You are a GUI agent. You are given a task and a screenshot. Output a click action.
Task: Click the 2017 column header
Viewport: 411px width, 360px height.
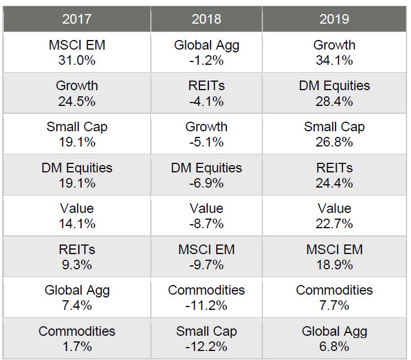[x=77, y=19]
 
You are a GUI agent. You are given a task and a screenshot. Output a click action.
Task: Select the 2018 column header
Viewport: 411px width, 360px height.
[x=206, y=19]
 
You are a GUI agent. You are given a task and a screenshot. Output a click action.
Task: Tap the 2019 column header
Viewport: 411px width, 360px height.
[x=334, y=19]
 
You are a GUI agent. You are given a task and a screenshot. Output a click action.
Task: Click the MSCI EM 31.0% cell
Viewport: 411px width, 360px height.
[x=77, y=52]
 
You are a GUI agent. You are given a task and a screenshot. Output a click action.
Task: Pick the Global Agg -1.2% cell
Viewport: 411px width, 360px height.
[x=206, y=52]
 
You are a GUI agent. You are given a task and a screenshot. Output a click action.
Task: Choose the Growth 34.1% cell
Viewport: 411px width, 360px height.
[x=334, y=52]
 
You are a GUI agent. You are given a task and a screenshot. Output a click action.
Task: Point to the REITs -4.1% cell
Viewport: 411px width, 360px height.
[x=206, y=94]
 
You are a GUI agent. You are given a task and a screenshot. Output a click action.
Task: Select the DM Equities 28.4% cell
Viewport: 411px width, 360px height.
[x=334, y=94]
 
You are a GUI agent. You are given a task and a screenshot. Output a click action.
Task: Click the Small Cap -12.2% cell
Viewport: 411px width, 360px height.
[x=206, y=339]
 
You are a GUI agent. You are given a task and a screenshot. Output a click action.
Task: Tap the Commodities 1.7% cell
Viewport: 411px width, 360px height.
[x=77, y=339]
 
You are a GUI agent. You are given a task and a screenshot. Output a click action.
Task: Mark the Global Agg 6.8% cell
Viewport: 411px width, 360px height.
[x=334, y=339]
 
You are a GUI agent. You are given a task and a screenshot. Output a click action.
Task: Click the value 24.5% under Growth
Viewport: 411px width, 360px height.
[x=77, y=101]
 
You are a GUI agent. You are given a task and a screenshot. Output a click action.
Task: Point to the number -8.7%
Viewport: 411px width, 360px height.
[x=206, y=224]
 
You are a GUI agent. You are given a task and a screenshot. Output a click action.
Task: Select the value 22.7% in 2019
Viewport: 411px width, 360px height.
[x=334, y=224]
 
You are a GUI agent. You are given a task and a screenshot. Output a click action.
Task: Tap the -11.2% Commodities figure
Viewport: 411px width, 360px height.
[x=206, y=305]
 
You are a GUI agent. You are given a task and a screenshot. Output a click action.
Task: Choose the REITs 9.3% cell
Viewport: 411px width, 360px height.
[x=77, y=257]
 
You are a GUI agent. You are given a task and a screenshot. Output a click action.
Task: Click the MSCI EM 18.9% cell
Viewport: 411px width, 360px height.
[x=334, y=257]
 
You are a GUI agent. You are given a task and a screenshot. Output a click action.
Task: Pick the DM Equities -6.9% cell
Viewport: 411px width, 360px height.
[x=206, y=175]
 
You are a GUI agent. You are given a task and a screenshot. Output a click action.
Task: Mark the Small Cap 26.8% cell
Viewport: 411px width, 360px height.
[x=334, y=134]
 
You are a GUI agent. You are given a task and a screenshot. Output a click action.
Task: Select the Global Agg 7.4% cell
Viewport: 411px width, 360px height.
[x=77, y=297]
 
